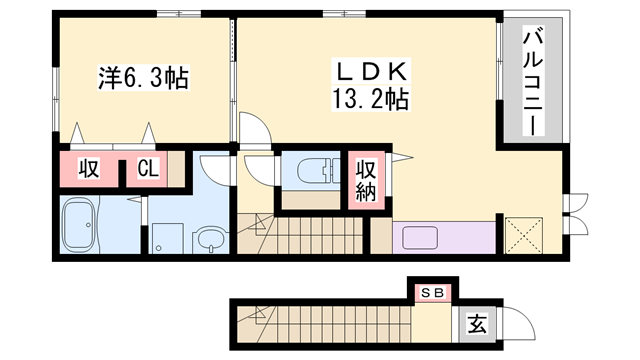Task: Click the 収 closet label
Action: (89, 169)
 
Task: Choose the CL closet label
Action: (148, 169)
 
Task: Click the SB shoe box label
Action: (434, 293)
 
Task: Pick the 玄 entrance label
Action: (477, 324)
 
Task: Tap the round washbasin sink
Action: (210, 239)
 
